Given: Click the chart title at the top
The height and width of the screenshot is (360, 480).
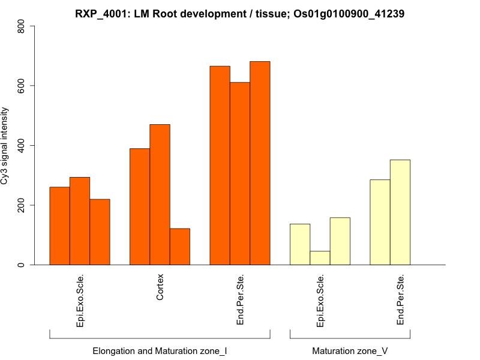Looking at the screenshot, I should [239, 14].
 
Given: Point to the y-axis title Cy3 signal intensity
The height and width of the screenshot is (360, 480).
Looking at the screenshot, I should [5, 145].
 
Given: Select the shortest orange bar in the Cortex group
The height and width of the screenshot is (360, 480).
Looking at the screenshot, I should [180, 247].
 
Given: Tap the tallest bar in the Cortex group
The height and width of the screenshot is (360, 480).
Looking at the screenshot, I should [160, 194].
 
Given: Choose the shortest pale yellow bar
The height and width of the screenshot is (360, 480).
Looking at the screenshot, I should [320, 258].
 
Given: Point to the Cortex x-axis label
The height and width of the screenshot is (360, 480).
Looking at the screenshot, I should [160, 288].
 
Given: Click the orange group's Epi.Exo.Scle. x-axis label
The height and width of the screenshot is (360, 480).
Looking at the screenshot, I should [80, 301].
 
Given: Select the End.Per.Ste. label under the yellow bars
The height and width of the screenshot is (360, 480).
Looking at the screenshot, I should [401, 299].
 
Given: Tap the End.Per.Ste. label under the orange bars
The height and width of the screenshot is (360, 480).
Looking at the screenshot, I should [240, 299].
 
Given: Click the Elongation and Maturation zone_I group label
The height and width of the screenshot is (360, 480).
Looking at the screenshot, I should [160, 350].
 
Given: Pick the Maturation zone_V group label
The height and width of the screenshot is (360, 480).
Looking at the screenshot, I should [350, 350].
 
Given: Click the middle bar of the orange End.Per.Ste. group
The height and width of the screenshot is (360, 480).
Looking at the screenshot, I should [240, 173].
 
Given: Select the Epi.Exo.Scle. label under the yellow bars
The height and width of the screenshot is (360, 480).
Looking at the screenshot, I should [320, 301].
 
